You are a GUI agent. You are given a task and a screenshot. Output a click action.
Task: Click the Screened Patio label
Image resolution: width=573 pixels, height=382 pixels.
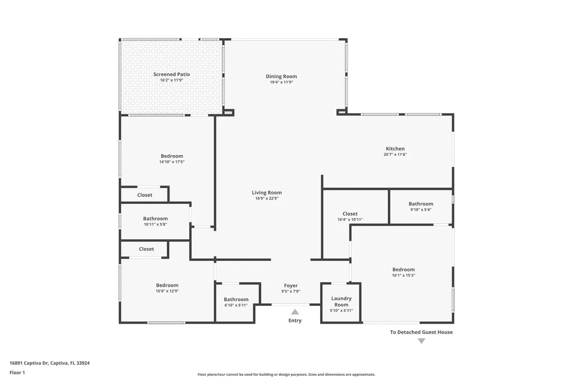[171, 74]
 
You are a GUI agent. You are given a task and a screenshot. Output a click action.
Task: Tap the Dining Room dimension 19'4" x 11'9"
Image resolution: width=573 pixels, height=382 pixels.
[281, 82]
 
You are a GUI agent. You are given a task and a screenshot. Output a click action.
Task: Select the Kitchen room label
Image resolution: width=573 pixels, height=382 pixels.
[394, 148]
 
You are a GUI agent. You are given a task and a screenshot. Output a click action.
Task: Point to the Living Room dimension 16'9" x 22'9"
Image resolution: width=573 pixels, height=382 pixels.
[266, 198]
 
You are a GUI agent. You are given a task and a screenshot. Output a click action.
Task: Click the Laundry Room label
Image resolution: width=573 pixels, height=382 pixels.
[341, 301]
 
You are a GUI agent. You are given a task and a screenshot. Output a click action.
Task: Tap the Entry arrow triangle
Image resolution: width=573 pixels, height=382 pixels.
[295, 312]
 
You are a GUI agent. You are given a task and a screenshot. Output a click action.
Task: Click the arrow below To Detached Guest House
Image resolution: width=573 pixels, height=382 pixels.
[421, 341]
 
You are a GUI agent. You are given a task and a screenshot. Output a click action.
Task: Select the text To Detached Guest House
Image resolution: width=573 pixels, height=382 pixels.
[421, 332]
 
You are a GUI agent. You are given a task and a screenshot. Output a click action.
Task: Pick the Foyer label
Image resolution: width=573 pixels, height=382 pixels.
[290, 285]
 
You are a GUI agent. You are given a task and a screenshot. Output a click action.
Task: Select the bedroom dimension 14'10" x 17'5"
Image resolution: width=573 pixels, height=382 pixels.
[172, 162]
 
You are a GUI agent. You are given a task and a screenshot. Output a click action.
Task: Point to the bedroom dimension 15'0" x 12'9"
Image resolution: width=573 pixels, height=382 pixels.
[167, 291]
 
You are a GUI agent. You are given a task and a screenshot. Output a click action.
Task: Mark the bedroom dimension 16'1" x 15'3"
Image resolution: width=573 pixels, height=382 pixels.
[403, 275]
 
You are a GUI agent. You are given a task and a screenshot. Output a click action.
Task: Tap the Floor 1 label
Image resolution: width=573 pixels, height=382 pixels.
[17, 372]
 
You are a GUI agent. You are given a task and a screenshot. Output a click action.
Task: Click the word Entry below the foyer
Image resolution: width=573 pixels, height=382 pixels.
[295, 320]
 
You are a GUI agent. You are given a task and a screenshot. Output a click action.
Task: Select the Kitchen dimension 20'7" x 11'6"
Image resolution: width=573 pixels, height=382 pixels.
[394, 155]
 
